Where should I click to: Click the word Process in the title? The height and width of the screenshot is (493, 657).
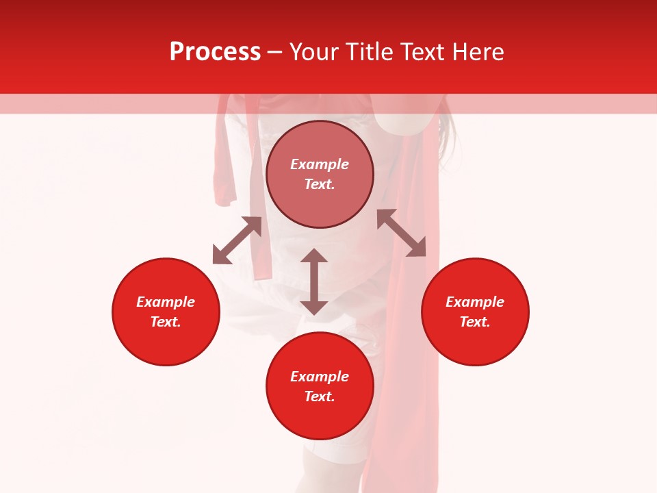pos(215,52)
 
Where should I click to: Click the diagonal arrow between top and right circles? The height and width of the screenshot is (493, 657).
pos(402,233)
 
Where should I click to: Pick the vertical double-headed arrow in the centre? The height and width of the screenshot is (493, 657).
pos(314,281)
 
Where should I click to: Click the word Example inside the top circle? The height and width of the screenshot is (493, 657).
pos(320,164)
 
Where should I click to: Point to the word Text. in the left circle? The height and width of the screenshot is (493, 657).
pos(166,322)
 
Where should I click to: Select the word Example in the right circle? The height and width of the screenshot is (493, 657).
pos(475,302)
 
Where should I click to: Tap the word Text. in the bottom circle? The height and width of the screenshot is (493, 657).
pos(320,396)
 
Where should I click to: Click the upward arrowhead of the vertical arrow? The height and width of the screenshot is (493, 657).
pos(314,255)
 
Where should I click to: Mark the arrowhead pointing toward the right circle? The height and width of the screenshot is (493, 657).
pos(417,249)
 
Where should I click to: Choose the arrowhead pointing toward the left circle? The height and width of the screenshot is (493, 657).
pos(221,255)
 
